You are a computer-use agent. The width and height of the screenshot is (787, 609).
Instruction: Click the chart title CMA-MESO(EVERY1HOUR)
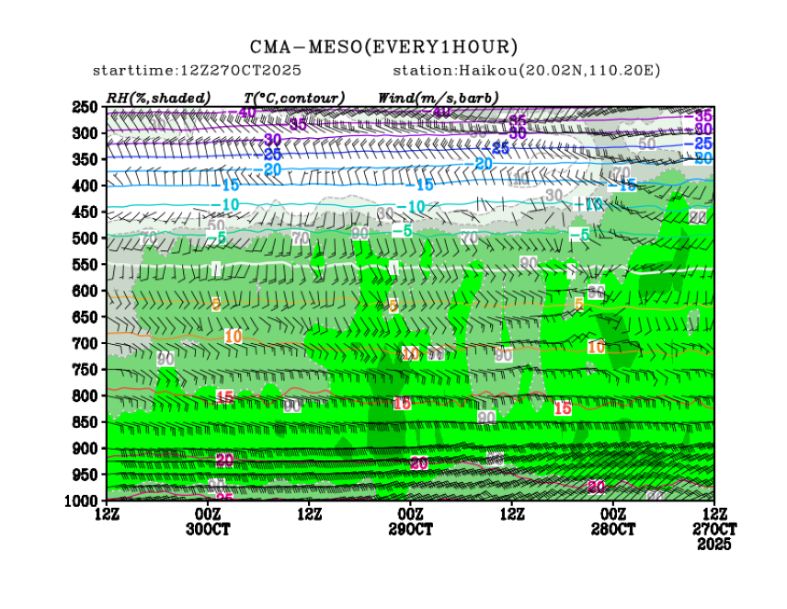point(384,47)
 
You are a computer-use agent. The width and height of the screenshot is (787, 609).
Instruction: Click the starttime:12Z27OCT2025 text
point(197,71)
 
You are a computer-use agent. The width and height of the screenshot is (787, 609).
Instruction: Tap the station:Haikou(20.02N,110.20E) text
point(527,71)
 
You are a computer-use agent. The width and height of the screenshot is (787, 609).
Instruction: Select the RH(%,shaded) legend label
point(158,98)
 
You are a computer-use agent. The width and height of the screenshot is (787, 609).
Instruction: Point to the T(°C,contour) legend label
point(294,98)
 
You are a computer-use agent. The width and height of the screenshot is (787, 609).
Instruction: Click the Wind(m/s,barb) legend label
point(439,98)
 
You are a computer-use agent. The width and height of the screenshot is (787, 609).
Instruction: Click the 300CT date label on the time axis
point(209,530)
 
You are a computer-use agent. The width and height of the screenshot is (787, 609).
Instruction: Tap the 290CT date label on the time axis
point(410,530)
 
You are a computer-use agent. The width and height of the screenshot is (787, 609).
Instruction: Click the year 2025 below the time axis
point(714,545)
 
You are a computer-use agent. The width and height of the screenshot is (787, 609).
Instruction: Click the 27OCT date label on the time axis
point(714,530)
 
